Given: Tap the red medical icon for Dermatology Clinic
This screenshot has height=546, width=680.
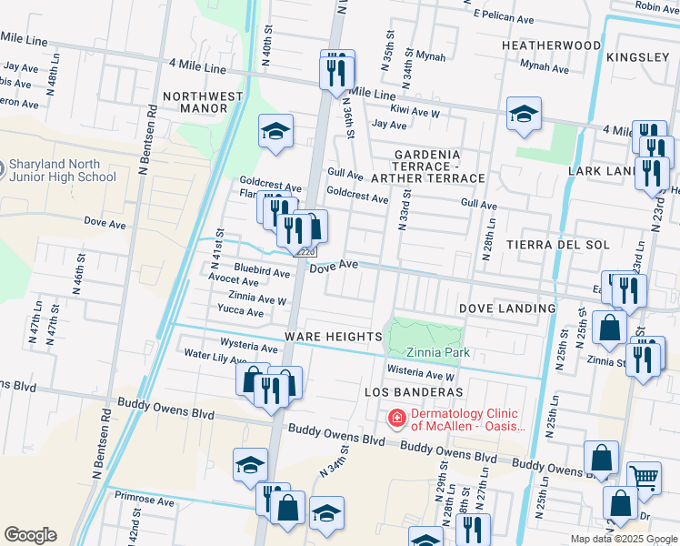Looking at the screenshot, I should coord(396,419).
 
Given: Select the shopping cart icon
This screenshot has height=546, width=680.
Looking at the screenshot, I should coord(644,476).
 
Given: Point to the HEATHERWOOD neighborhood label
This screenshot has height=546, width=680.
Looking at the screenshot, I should coord(551,45).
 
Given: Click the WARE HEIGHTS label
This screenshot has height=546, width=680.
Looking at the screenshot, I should coord(333,337).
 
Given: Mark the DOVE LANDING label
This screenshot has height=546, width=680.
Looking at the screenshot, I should coord(506,308).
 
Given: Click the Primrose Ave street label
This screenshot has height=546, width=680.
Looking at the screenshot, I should coord(145,500).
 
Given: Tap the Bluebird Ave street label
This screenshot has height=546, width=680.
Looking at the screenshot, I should coord(262,271).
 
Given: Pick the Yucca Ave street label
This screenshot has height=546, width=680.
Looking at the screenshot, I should coord(241,312).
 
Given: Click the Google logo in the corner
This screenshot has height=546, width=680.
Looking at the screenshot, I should coord(30,534).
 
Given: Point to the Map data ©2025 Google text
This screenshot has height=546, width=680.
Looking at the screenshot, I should coord(624,539).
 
